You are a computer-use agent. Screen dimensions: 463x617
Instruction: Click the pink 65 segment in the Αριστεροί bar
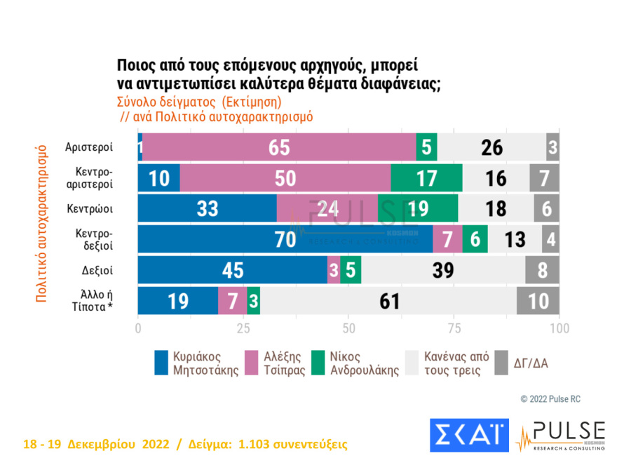point(279,147)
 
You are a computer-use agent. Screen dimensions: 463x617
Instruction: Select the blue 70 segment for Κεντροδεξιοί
point(285,239)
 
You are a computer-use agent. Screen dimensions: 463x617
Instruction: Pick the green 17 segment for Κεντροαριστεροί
point(426,178)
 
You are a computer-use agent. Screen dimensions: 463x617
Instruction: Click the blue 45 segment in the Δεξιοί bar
point(232,270)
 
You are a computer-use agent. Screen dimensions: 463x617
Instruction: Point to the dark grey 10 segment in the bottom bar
point(538,300)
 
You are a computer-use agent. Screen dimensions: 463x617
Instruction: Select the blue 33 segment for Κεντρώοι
point(207,209)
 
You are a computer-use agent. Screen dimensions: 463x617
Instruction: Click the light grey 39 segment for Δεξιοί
point(443,270)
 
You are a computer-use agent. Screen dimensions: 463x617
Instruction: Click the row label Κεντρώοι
point(90,209)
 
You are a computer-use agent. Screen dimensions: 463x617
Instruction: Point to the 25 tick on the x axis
point(243,328)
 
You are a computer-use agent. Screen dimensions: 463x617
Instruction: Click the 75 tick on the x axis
point(454,328)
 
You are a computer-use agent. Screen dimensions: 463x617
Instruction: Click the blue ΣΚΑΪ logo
point(468,434)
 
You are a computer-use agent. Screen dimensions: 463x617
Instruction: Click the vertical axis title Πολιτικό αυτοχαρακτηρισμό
point(41,224)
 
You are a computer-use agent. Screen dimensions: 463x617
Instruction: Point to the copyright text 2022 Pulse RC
point(550,399)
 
